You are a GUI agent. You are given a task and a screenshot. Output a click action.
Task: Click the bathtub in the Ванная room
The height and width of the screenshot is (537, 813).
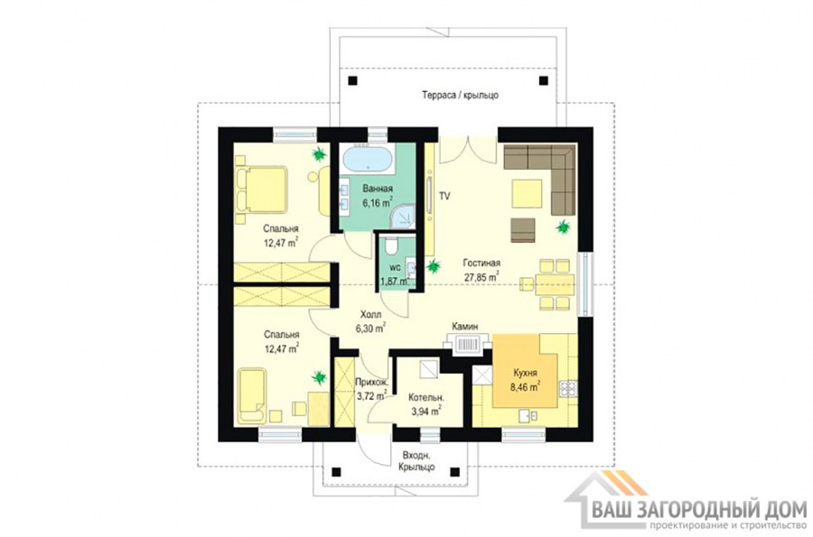coord(368,160)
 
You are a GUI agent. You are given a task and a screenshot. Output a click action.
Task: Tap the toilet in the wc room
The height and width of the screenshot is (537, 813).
coord(393,244)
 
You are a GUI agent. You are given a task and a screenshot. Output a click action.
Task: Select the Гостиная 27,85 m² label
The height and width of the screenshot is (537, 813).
coord(481,271)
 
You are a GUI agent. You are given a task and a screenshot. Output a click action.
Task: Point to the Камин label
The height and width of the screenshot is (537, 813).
coord(464,326)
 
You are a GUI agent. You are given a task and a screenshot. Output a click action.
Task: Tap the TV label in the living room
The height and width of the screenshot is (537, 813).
coord(444,196)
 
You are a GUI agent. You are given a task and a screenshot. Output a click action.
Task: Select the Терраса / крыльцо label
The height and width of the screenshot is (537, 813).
coord(460,96)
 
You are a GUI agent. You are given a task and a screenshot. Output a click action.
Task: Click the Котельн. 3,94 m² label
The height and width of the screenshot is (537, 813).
coord(425,404)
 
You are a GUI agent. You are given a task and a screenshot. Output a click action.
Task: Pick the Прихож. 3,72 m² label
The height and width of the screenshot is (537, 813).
coord(371,389)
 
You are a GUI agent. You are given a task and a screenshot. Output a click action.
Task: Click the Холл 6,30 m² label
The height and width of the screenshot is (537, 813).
coord(370,321)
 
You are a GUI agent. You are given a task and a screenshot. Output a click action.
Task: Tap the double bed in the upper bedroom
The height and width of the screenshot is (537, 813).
coord(261,190)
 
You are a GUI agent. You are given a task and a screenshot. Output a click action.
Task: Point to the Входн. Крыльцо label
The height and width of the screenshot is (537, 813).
coord(416,461)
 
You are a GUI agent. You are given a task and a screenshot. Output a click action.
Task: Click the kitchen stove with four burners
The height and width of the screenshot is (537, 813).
coord(567,389)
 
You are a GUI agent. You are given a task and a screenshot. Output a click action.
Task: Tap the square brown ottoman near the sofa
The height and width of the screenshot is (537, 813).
coord(523,229)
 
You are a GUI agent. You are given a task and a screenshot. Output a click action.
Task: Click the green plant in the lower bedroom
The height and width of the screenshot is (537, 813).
coord(320,376)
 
